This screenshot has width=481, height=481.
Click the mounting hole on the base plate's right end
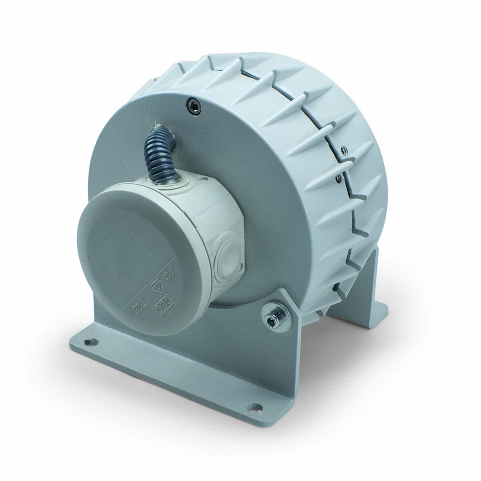click(256, 407)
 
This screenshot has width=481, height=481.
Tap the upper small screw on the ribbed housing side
click(343, 149)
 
